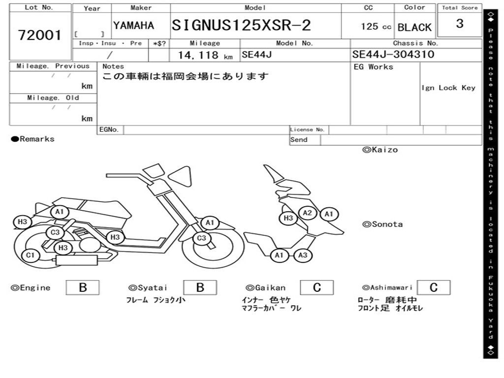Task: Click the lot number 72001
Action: pyautogui.click(x=40, y=35)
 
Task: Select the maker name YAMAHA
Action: pyautogui.click(x=133, y=26)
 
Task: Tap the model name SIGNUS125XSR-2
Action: pyautogui.click(x=241, y=26)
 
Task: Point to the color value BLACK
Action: pyautogui.click(x=414, y=28)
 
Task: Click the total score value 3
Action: pyautogui.click(x=460, y=24)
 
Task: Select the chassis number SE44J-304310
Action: pyautogui.click(x=393, y=55)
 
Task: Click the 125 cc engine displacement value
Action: pyautogui.click(x=376, y=27)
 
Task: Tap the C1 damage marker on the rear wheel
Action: pyautogui.click(x=31, y=255)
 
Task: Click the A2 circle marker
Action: pyautogui.click(x=308, y=213)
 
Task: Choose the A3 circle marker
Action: pyautogui.click(x=303, y=255)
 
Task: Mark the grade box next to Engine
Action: pyautogui.click(x=82, y=287)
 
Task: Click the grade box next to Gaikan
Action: pyautogui.click(x=316, y=287)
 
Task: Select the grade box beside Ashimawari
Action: pyautogui.click(x=433, y=287)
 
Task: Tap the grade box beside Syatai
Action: pyautogui.click(x=200, y=287)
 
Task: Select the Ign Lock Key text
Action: pyautogui.click(x=448, y=88)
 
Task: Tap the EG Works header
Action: pyautogui.click(x=374, y=67)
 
